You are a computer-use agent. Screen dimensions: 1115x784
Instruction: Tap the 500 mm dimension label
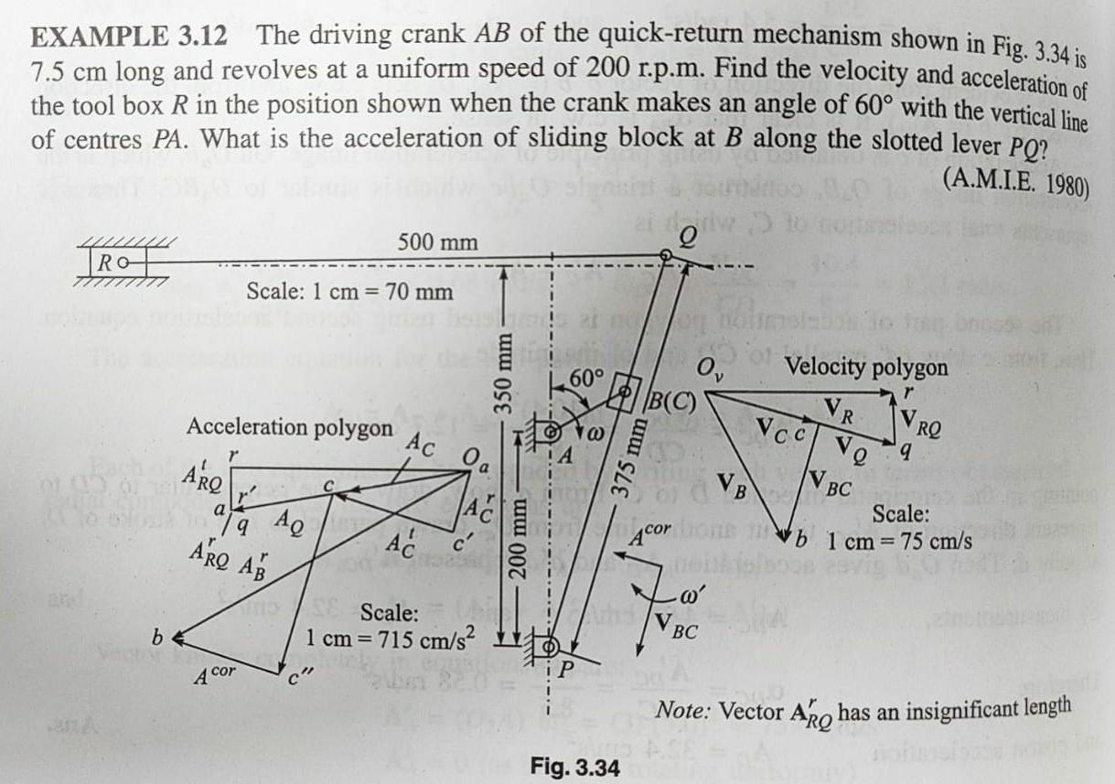tap(438, 243)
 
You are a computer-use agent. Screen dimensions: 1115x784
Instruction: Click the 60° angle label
tap(585, 378)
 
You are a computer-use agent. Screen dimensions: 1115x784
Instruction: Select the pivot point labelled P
tap(552, 646)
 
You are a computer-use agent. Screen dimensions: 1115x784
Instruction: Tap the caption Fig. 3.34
tap(574, 766)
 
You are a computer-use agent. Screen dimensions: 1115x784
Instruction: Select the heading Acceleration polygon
tap(290, 426)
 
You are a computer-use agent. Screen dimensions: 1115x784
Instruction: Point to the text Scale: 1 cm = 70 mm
tap(350, 292)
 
